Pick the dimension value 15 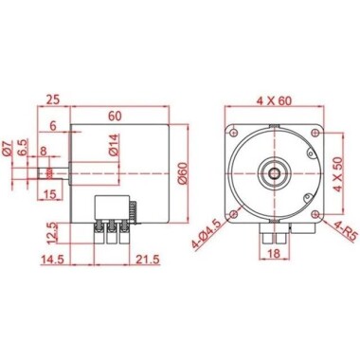tap(51, 194)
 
